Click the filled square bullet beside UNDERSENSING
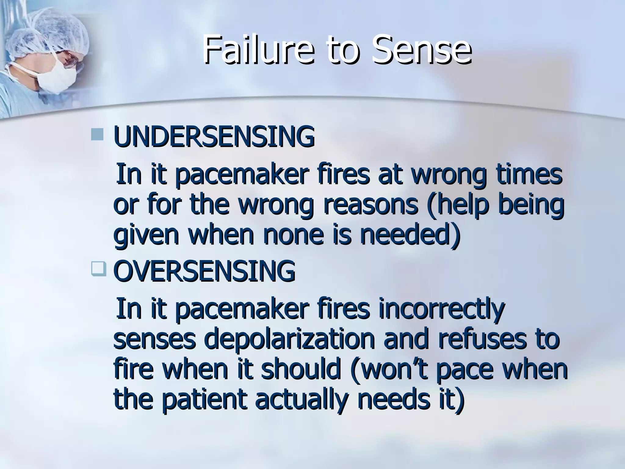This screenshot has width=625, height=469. point(97,134)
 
